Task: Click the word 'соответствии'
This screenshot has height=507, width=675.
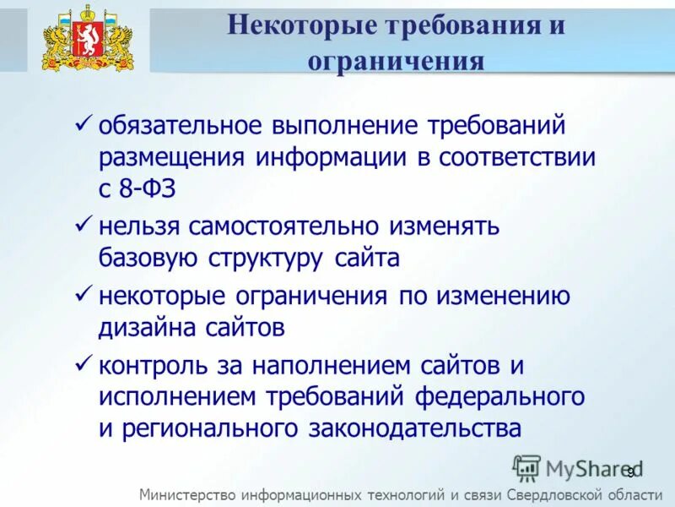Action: [517, 158]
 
